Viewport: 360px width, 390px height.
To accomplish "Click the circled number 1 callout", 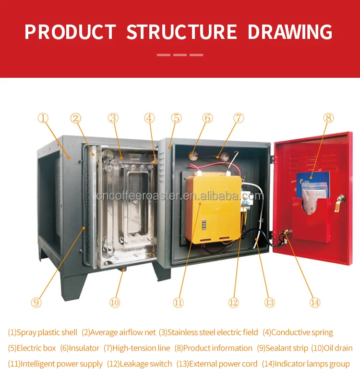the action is [43, 118].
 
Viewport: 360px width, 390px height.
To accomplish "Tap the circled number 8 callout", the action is [328, 118].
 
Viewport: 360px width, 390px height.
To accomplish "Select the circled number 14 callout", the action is [315, 303].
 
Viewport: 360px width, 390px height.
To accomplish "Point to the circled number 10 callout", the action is [115, 303].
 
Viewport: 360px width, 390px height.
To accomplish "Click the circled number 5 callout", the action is [176, 118].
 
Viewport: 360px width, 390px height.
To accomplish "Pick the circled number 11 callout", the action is [178, 303].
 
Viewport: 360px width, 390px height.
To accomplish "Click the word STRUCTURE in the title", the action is [182, 32].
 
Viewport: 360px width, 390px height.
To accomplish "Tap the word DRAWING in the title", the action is [290, 32].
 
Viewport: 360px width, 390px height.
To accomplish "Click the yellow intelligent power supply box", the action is [214, 209].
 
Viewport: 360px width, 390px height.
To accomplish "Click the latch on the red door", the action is [340, 202].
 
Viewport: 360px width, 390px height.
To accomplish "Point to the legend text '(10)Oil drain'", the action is [332, 348].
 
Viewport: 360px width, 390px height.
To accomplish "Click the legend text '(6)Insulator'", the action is [80, 348].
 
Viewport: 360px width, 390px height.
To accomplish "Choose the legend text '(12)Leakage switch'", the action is [140, 364].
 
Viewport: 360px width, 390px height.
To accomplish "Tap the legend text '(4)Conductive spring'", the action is [298, 332].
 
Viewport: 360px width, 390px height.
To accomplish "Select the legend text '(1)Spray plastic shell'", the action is [43, 332].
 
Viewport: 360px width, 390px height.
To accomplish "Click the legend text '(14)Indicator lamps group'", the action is [306, 364].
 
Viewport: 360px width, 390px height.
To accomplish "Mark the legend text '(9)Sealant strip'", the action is [282, 348].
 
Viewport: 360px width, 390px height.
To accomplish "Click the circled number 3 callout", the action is [113, 118].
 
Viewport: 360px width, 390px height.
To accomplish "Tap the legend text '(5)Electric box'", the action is [32, 348].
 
